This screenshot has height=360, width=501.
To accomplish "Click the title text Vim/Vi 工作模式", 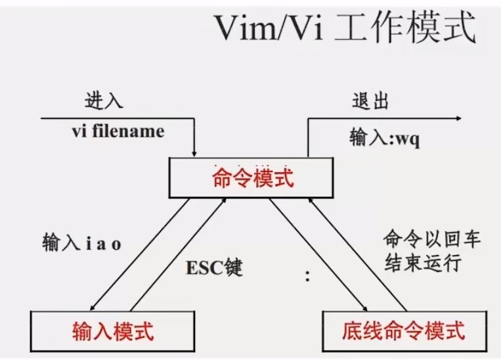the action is coord(345,28).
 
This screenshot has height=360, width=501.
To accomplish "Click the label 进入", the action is coord(104,100).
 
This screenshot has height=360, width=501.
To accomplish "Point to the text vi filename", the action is coord(118,131).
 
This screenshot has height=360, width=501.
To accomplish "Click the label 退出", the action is coord(370,101).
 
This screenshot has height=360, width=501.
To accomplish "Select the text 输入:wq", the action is coord(385,138).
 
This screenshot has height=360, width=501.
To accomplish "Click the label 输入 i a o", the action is coord(82,242).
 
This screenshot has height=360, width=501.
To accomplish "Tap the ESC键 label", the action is coord(215,267).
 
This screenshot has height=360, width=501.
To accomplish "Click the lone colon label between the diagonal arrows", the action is coord(307,276).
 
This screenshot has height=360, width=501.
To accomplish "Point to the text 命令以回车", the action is coord(432,239).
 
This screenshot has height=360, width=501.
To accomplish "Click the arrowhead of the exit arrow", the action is coord(459,118).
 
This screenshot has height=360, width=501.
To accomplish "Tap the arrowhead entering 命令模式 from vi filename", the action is coord(194,154).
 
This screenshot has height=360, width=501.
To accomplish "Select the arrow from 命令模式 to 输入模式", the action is coord(140,254).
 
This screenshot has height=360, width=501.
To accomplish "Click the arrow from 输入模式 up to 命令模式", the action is coord(179,254).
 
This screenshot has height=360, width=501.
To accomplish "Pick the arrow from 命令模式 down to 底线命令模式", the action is coord(318,254).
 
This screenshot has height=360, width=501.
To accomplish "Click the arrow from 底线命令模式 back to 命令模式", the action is coord(358,254).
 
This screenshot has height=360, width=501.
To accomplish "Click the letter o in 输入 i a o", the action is coord(116,245).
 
